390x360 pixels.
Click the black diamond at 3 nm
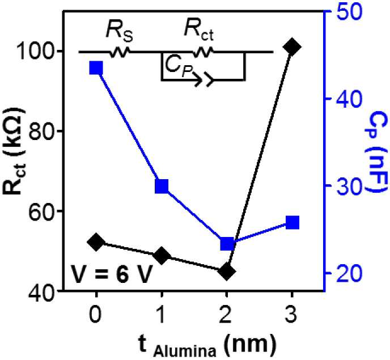point(292,47)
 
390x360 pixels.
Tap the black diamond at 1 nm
point(162,256)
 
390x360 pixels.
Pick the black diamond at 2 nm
point(227,271)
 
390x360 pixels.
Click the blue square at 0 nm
point(96,68)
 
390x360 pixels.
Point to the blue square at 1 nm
point(162,186)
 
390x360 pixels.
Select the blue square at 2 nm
point(227,244)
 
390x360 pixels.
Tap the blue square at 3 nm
point(292,222)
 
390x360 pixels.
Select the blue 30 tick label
point(349,186)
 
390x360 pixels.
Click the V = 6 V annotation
point(111,274)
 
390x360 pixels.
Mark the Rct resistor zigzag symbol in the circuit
point(203,52)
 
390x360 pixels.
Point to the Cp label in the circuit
point(179,66)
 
